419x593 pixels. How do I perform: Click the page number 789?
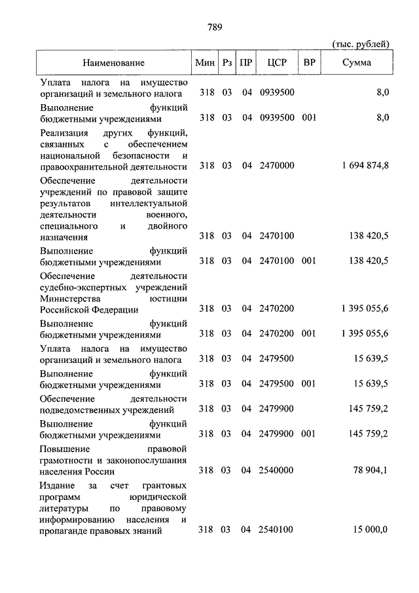pos(213,27)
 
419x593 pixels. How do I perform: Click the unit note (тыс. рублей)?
pos(361,44)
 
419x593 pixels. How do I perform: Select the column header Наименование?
pos(113,63)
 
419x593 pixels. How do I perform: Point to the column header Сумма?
pos(357,63)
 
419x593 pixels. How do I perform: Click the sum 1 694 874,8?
pos(365,166)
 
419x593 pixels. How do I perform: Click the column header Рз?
pos(227,63)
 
